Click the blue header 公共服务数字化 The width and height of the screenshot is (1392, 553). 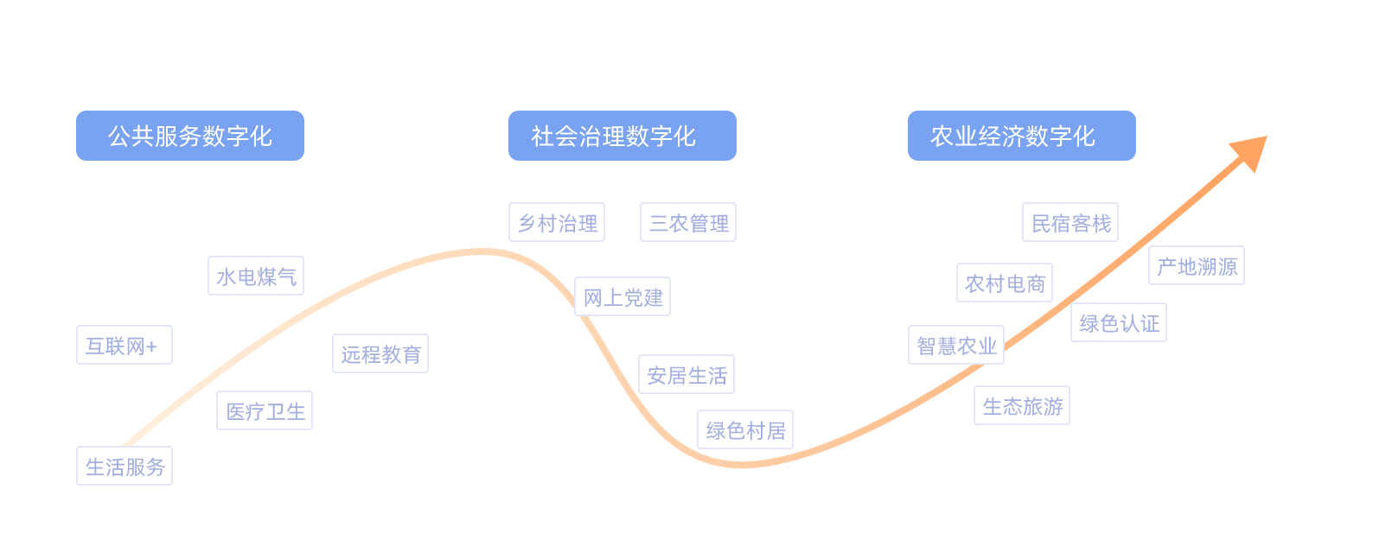190,136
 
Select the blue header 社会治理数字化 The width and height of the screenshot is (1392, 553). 623,136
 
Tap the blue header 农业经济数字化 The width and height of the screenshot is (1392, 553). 1021,136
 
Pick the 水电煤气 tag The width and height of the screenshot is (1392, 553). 256,276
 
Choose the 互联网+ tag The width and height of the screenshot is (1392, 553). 125,346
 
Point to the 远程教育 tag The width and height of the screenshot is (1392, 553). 380,354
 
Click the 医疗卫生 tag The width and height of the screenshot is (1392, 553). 265,411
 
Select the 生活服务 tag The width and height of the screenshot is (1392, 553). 125,467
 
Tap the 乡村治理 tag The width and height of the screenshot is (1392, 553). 557,223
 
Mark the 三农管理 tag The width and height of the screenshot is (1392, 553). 688,223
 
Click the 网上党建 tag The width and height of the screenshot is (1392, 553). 623,297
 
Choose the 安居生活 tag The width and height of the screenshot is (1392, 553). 686,375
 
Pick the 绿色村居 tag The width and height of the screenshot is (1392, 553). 745,430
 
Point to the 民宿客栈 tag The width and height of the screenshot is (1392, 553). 1070,223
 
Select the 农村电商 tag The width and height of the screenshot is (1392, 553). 1005,283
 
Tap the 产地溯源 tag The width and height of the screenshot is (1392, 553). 1197,266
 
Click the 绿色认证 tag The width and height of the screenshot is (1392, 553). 1119,323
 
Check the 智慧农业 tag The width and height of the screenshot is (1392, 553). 956,346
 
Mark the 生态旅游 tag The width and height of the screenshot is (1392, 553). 1022,406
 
